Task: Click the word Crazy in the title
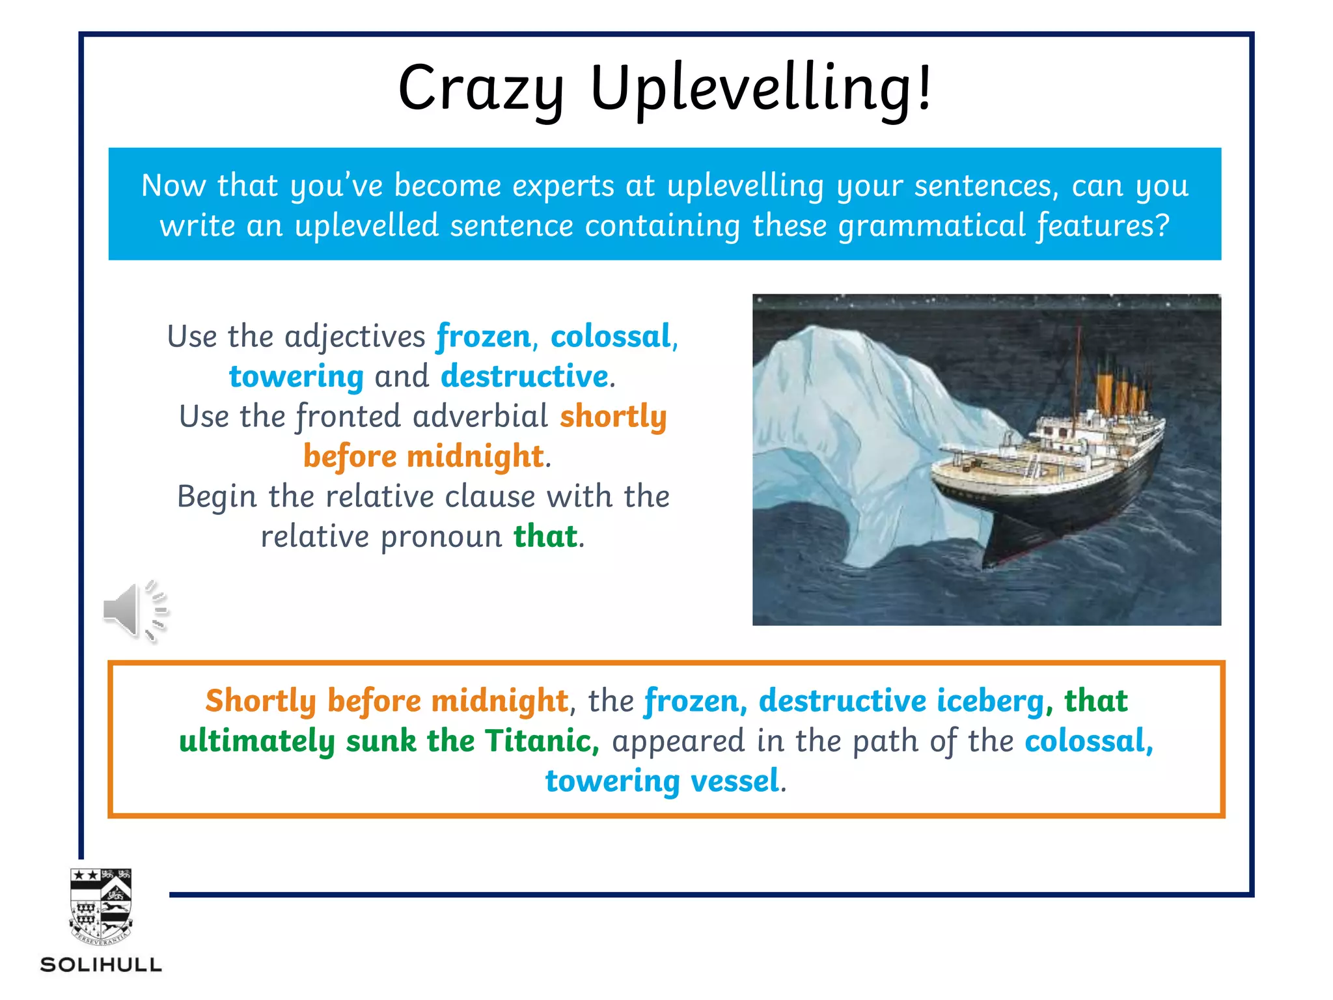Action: coord(480,89)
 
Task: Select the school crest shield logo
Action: coord(101,906)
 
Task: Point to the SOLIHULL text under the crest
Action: coord(101,964)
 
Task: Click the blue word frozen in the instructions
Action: coord(484,337)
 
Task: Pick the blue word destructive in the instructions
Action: coord(525,377)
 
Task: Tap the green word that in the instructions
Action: coord(545,537)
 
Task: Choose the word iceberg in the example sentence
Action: coord(990,701)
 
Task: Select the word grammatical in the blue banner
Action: coord(931,226)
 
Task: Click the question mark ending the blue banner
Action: coord(1162,226)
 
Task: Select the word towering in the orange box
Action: coord(612,781)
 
